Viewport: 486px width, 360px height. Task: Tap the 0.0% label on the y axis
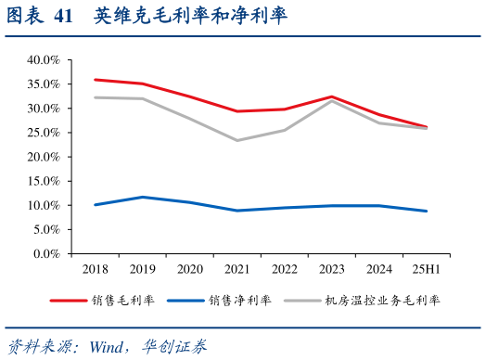point(46,253)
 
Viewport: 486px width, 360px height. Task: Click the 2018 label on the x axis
point(96,269)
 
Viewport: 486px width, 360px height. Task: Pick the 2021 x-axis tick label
point(237,269)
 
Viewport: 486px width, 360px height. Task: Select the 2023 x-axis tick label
point(330,269)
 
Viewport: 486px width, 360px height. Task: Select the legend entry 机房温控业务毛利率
point(381,301)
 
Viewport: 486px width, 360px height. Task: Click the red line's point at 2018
point(96,80)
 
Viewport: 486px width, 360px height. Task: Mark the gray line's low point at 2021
point(237,140)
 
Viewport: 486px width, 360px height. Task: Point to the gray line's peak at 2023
point(330,100)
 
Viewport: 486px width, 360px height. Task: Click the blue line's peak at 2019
point(142,197)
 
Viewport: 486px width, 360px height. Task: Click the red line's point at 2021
point(237,111)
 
